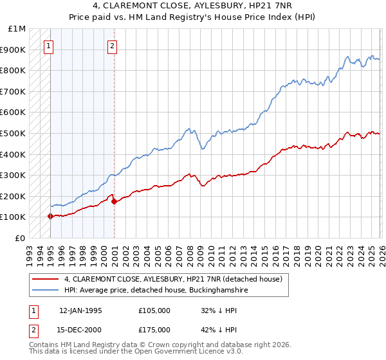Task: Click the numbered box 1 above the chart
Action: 50,46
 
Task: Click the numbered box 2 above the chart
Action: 113,46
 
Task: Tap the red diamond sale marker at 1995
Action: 50,216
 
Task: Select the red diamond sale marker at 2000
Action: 114,201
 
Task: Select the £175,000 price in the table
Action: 154,330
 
